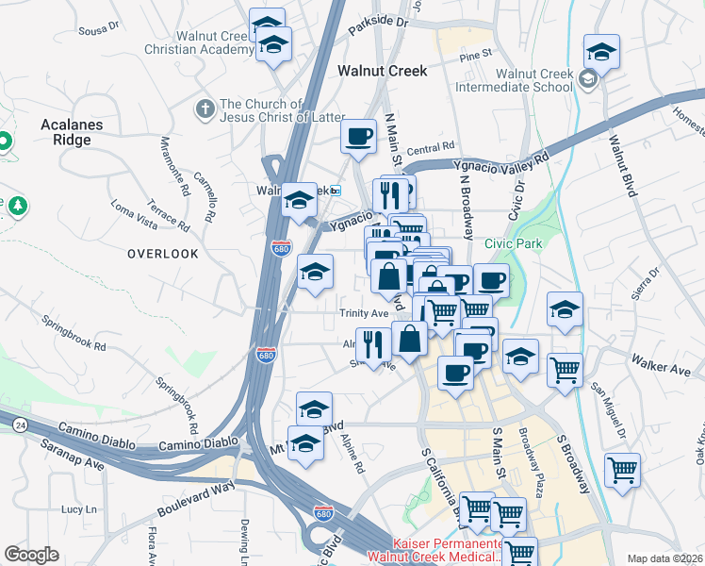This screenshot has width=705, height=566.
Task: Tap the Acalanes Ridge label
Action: tap(65, 132)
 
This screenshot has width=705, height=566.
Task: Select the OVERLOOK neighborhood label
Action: tap(163, 254)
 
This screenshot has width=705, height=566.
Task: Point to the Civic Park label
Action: tap(513, 243)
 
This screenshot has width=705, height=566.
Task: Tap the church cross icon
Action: tap(204, 110)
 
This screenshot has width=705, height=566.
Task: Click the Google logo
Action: tap(31, 555)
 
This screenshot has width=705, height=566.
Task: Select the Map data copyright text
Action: tap(664, 558)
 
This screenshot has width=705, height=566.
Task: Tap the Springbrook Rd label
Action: tap(74, 332)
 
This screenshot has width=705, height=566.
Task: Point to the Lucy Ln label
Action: tap(73, 508)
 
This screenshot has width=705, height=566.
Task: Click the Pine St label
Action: tap(476, 56)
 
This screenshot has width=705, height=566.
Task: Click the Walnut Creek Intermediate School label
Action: tap(514, 80)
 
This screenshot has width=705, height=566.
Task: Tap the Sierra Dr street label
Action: tap(647, 278)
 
